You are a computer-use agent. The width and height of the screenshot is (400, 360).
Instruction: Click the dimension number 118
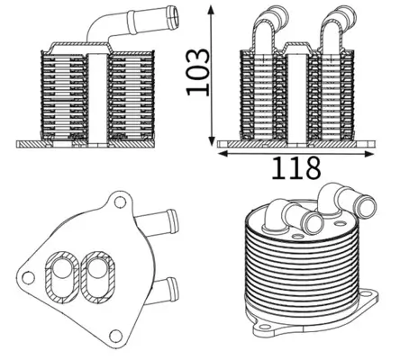[296, 166]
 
